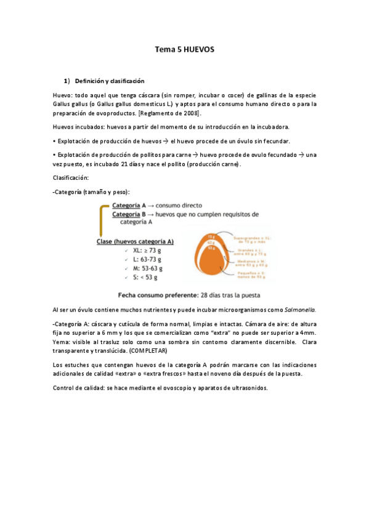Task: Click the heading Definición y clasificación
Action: (109, 81)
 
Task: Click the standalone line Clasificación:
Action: (71, 179)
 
